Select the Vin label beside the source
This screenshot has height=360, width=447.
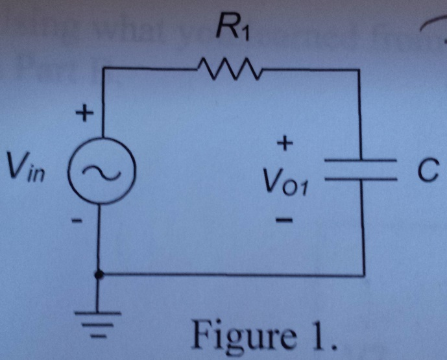22,167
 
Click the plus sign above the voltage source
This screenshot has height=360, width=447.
83,116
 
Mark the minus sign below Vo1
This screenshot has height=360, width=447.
284,222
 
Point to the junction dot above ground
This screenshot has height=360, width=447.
99,275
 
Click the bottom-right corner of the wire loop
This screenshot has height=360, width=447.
363,274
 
